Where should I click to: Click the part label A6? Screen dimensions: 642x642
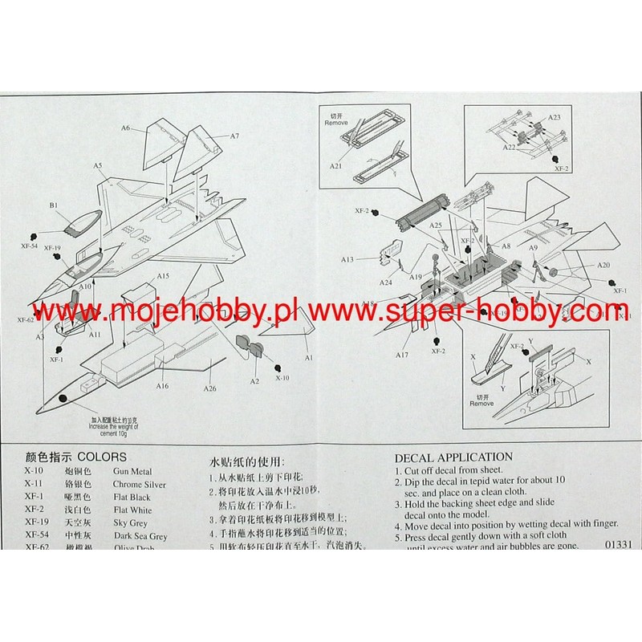point(126,128)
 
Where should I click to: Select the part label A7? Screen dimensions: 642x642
point(235,136)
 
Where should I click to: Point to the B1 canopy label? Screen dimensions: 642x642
point(54,206)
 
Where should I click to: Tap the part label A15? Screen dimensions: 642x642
point(163,276)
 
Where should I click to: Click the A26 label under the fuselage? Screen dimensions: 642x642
point(210,389)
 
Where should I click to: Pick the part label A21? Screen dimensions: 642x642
point(336,165)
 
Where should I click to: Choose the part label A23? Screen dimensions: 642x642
point(555,117)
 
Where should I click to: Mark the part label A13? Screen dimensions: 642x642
point(347,259)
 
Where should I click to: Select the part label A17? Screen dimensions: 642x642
point(402,354)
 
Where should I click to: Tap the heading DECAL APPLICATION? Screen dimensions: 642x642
point(453,457)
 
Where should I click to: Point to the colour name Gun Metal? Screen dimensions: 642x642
point(132,472)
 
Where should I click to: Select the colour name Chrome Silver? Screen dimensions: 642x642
point(140,485)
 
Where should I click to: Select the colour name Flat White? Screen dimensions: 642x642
point(132,510)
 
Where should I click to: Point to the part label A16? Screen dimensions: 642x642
point(163,386)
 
